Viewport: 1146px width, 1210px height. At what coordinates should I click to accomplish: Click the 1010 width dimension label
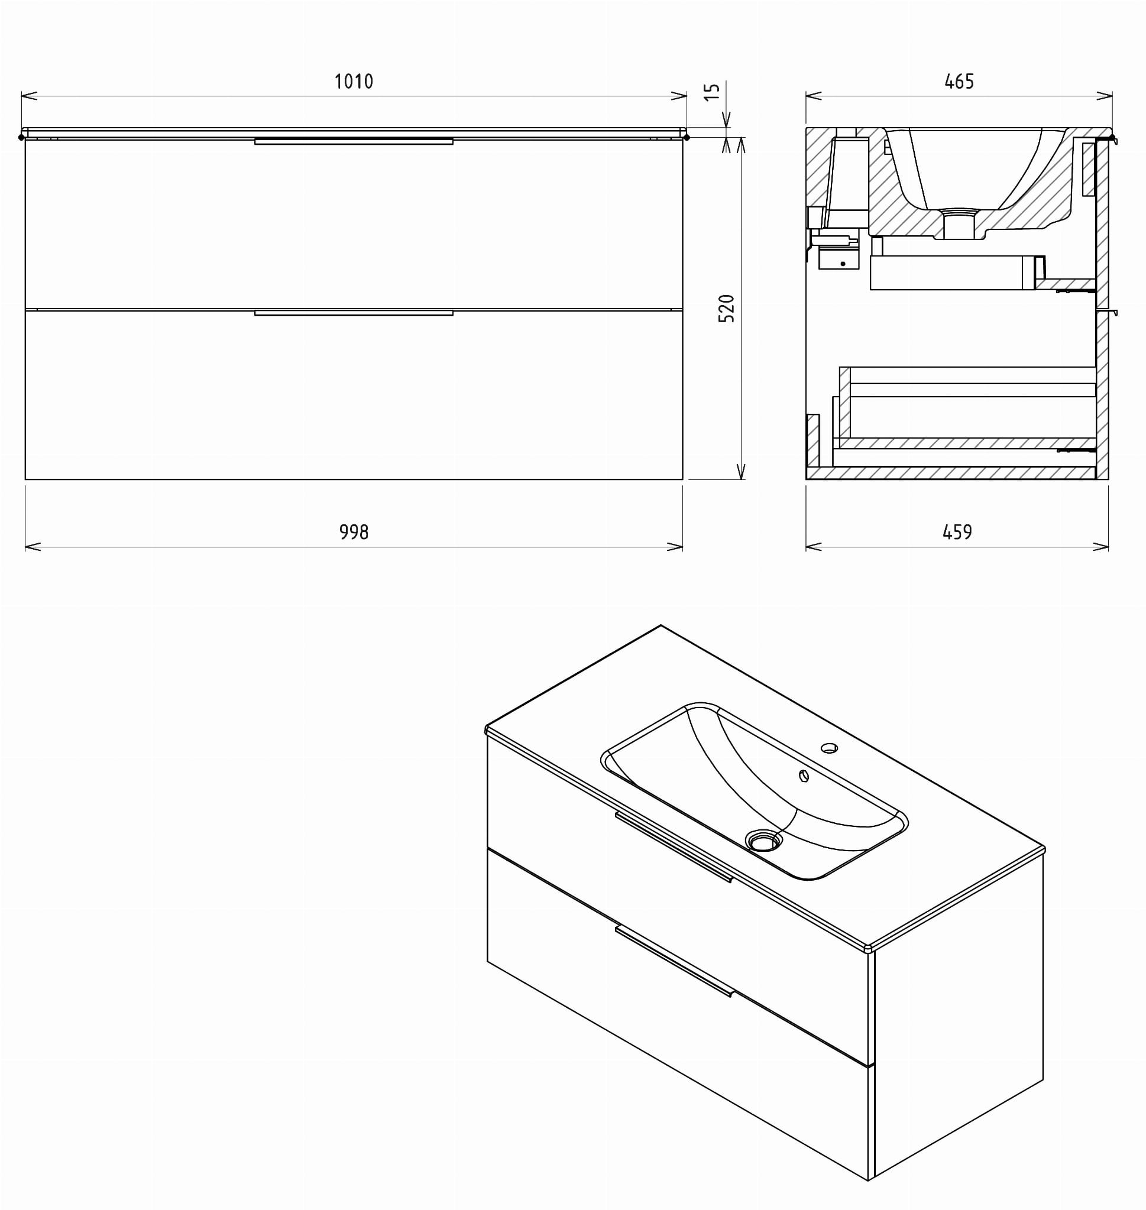[x=354, y=81]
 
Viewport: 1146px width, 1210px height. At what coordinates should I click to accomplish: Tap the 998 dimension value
[x=354, y=533]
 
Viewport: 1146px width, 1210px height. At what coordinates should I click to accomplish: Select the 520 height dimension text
[x=726, y=309]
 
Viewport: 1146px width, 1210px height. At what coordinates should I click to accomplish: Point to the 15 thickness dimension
[x=713, y=92]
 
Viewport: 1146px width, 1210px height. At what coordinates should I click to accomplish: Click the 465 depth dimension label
[x=959, y=81]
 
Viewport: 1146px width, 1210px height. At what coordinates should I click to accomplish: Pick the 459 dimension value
[x=957, y=533]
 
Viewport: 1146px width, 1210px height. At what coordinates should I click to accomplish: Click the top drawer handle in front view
[x=354, y=142]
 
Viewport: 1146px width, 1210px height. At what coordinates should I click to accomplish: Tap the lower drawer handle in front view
[x=354, y=313]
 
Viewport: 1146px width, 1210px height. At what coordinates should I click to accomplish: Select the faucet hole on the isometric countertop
[x=829, y=747]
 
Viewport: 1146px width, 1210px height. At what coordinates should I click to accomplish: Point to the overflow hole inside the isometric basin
[x=804, y=776]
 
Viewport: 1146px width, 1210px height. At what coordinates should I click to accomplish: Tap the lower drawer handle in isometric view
[x=674, y=961]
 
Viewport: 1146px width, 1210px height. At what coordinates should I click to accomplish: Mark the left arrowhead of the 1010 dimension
[x=30, y=96]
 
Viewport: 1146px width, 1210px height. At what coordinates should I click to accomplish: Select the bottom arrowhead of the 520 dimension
[x=741, y=471]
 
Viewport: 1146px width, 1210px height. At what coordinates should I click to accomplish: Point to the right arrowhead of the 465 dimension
[x=1104, y=96]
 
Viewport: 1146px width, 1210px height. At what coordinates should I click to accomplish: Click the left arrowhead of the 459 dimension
[x=814, y=547]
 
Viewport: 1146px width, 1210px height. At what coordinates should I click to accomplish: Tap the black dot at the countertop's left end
[x=21, y=137]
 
